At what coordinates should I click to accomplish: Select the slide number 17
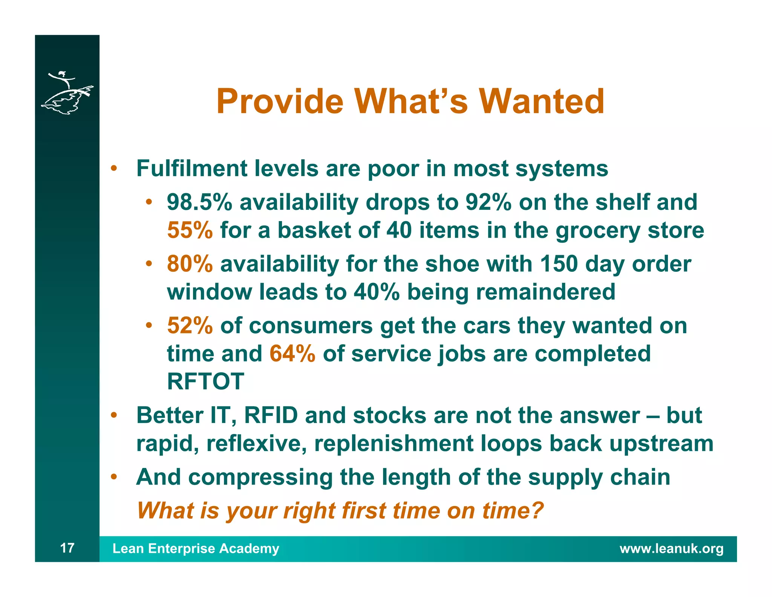coord(67,548)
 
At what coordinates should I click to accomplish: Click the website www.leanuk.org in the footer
coord(671,548)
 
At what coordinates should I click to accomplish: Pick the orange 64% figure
coord(292,354)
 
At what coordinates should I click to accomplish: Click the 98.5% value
coord(199,202)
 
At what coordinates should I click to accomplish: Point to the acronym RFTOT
coord(205,381)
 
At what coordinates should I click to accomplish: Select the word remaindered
coord(545,292)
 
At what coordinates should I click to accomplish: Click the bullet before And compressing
coord(113,477)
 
